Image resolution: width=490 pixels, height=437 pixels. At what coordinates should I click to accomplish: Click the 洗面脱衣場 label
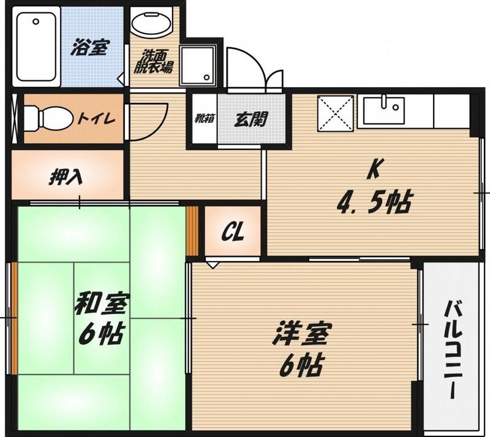click(153, 61)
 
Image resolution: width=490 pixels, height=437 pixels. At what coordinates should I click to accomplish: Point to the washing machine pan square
click(198, 65)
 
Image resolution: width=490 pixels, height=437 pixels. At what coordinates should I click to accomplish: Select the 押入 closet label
click(66, 177)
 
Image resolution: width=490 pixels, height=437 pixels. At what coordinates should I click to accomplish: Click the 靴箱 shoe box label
click(205, 118)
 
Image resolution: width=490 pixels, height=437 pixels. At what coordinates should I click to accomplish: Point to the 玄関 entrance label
click(251, 119)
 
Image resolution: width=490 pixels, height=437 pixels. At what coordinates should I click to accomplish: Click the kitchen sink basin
click(384, 110)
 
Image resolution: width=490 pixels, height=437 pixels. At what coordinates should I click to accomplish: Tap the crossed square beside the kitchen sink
click(336, 113)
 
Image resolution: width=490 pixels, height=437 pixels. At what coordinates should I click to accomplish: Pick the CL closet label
click(233, 232)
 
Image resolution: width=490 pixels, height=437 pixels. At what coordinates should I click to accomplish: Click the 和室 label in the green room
click(100, 304)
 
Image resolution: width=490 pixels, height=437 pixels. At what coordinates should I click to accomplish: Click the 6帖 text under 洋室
click(301, 365)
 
